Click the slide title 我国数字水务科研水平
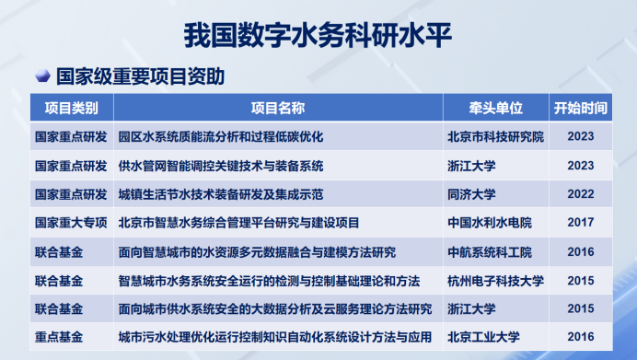tap(318, 33)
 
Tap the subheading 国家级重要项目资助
tap(141, 76)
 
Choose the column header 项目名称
tap(277, 108)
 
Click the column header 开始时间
tap(581, 108)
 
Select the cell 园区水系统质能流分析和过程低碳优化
tap(221, 137)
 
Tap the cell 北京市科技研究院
tap(494, 137)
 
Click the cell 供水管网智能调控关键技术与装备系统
tap(221, 166)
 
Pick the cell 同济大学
tap(471, 194)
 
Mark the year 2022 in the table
tap(581, 194)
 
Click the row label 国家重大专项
tap(71, 223)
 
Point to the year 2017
tap(581, 223)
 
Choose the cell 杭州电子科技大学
tap(494, 280)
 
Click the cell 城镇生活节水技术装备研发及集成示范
tap(221, 194)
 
